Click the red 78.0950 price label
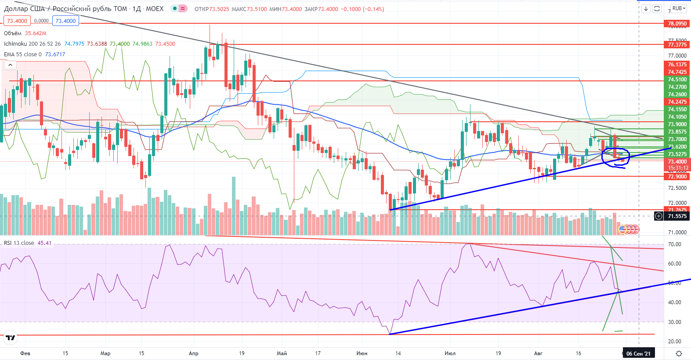[x=677, y=24]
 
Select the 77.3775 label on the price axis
[x=677, y=45]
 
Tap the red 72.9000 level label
[x=677, y=177]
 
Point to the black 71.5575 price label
[x=677, y=216]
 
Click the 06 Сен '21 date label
[x=638, y=353]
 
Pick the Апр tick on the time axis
[x=193, y=353]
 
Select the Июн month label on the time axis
[x=362, y=353]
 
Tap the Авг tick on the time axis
[x=538, y=353]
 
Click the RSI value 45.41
[x=44, y=243]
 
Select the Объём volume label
[x=13, y=33]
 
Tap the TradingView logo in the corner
[x=10, y=338]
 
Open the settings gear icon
[x=679, y=353]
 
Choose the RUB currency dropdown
[x=679, y=8]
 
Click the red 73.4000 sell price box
[x=17, y=21]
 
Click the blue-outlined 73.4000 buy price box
[x=66, y=21]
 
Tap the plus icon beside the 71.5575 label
[x=658, y=216]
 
